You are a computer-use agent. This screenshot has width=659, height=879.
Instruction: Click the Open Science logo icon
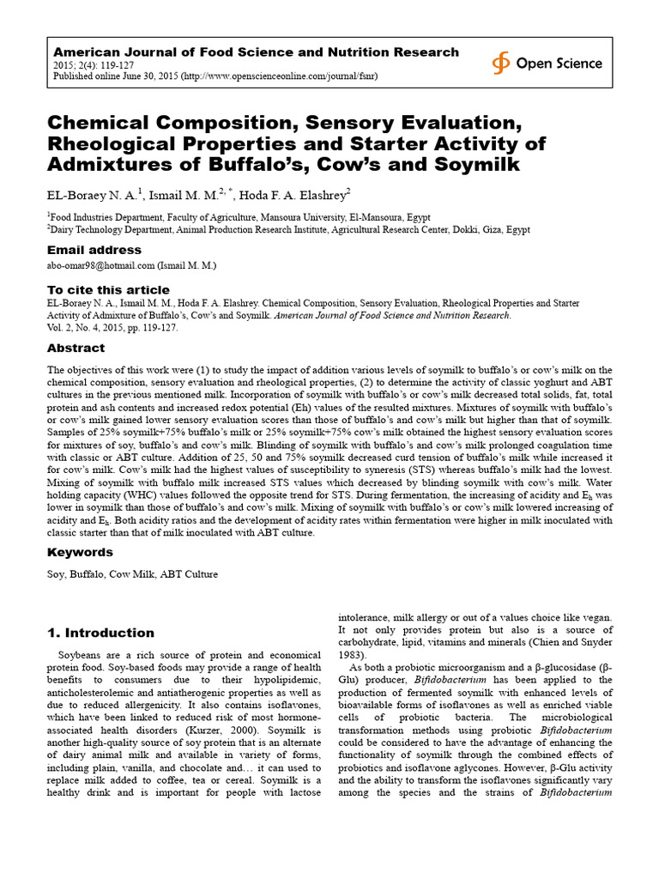(x=500, y=63)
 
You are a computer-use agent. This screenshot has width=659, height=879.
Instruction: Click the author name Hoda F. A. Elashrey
(x=293, y=194)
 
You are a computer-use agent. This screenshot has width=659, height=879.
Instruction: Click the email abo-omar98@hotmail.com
(x=100, y=266)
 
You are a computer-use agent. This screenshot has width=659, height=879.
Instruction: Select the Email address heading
(x=94, y=250)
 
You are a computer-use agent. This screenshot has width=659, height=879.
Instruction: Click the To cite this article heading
(x=108, y=289)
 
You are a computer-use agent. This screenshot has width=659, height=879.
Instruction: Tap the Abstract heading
(x=76, y=348)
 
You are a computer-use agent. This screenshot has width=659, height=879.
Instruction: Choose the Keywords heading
(x=79, y=552)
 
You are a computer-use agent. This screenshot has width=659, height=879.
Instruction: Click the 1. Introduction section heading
(x=100, y=633)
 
